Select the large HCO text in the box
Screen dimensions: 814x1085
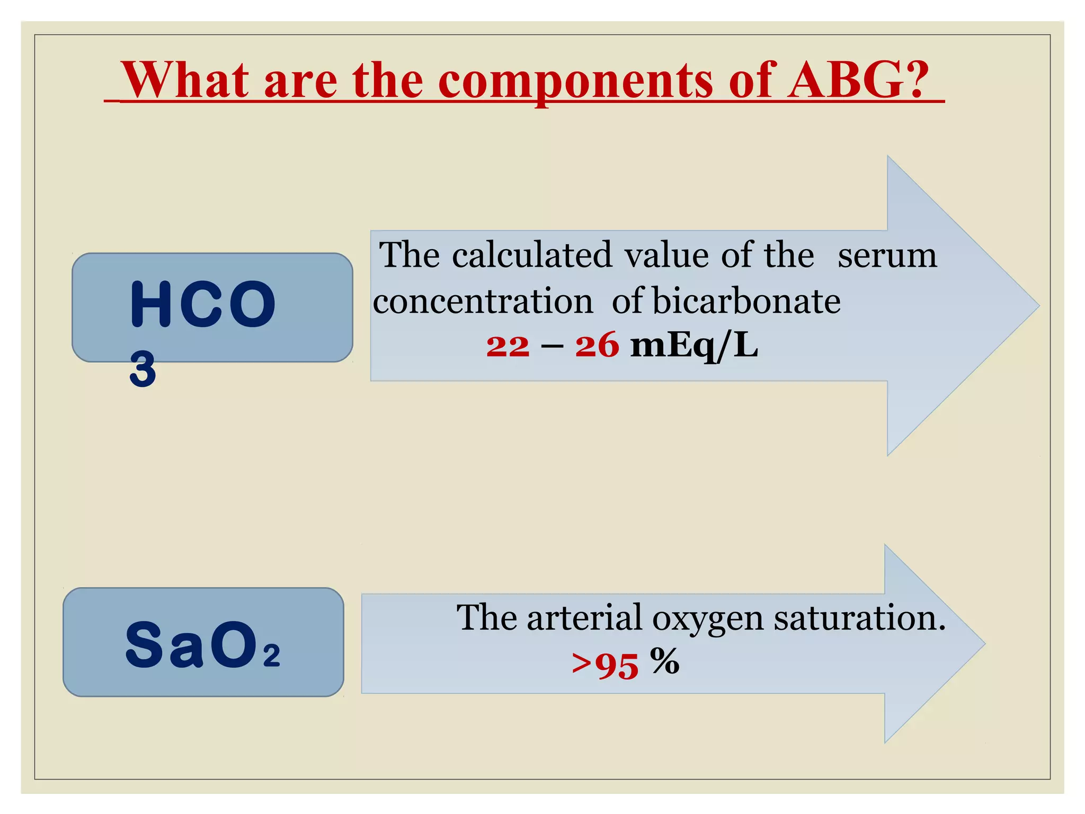click(x=202, y=305)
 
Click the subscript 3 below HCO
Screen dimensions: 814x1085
click(x=143, y=369)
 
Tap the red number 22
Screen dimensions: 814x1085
click(x=508, y=346)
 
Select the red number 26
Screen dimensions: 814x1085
click(x=597, y=346)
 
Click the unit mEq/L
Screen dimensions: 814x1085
click(x=694, y=346)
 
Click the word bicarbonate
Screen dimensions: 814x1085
click(x=746, y=301)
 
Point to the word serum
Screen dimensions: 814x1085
click(x=887, y=256)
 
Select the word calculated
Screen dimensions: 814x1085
click(x=531, y=255)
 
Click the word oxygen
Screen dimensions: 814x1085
click(x=707, y=618)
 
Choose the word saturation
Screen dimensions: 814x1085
click(x=859, y=617)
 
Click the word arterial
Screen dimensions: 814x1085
click(x=584, y=617)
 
